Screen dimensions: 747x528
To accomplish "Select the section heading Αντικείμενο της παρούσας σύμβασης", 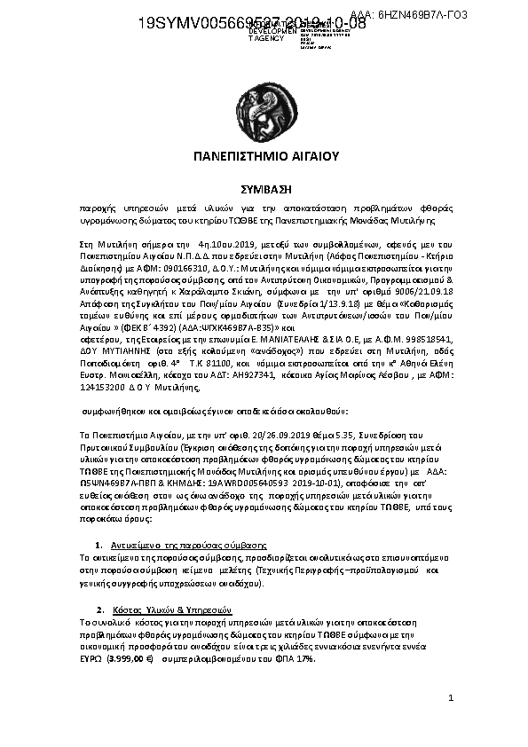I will (189, 543).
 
